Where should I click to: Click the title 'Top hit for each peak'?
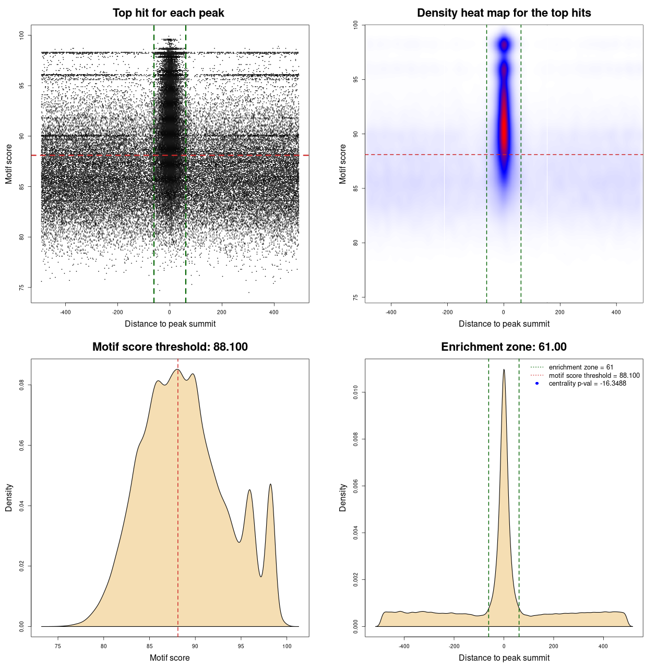coord(168,13)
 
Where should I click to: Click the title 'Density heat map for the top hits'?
coord(504,13)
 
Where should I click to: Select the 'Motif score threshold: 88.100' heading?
coord(170,347)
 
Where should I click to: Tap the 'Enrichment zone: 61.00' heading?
coord(504,347)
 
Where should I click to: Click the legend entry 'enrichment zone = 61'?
coord(581,367)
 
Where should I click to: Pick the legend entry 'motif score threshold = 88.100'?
coord(594,375)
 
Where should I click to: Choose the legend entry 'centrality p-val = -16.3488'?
coord(587,384)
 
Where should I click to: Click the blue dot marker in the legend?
coord(537,384)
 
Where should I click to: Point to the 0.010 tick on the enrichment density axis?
coord(356,392)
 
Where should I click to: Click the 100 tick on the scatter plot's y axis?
coord(22,35)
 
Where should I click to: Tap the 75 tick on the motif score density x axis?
coord(58,646)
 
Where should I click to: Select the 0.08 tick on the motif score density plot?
coord(22,385)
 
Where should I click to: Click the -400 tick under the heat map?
coord(391,312)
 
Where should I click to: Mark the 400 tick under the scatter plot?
coord(274,312)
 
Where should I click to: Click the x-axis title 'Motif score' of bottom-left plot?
coord(170,658)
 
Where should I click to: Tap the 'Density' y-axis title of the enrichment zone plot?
coord(343,497)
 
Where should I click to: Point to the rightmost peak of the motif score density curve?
coord(270,484)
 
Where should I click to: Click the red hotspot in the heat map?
coord(504,130)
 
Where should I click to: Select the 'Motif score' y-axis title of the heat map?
coord(343,164)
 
